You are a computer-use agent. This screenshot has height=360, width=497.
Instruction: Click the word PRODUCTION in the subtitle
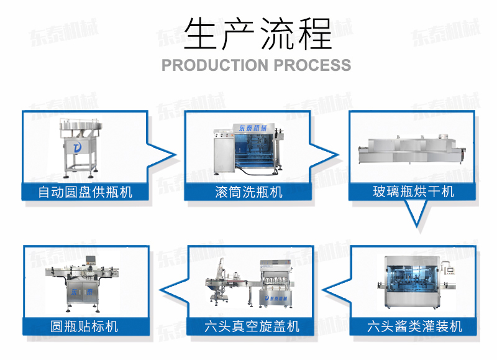(x=213, y=65)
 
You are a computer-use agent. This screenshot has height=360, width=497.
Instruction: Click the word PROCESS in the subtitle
(x=312, y=65)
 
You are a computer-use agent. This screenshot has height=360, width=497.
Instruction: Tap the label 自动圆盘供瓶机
(x=85, y=191)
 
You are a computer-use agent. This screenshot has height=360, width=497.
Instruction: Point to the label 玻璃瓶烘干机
(x=413, y=191)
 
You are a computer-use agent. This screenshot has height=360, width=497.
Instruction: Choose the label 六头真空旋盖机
(x=251, y=326)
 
